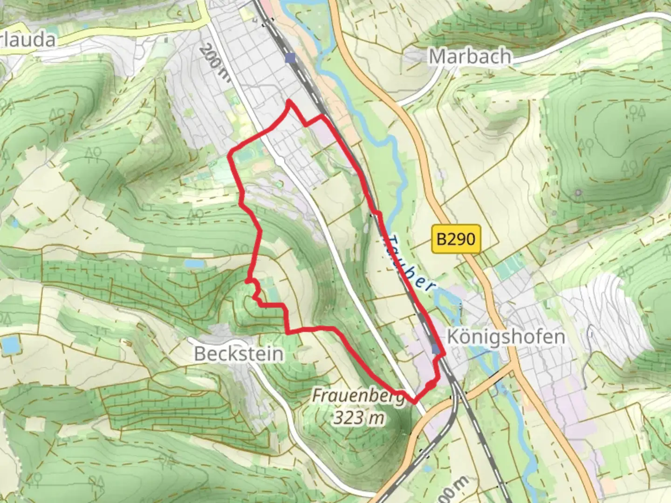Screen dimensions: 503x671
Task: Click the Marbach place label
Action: point(470,56)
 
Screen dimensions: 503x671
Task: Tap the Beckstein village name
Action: point(239,354)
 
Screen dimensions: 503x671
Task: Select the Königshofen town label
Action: point(506,336)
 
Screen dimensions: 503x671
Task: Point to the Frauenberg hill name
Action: point(358,396)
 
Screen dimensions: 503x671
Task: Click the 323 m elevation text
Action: point(359,418)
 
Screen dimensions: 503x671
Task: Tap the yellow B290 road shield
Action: point(456,239)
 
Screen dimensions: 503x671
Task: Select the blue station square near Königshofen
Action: point(436,348)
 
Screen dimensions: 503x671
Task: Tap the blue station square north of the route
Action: point(291,58)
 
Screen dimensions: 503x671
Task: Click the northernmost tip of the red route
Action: point(289,101)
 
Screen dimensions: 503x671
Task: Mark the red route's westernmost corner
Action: point(229,156)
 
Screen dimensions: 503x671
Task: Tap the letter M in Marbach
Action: point(437,56)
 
